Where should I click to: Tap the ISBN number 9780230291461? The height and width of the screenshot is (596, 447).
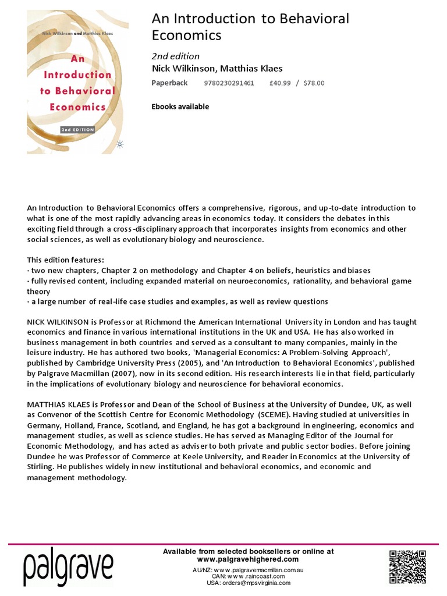[x=229, y=83]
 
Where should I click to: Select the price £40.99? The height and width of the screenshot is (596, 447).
[x=281, y=83]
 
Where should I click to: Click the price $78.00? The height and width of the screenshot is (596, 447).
[x=314, y=83]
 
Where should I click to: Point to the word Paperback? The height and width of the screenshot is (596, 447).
[x=169, y=83]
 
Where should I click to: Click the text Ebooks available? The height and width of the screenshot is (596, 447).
[x=180, y=107]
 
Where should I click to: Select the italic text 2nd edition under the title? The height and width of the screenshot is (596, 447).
[x=175, y=56]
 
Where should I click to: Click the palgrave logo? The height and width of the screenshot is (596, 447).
[x=69, y=569]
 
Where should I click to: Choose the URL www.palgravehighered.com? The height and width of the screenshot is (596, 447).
[x=248, y=559]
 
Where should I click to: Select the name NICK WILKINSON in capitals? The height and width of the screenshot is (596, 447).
[x=58, y=322]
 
